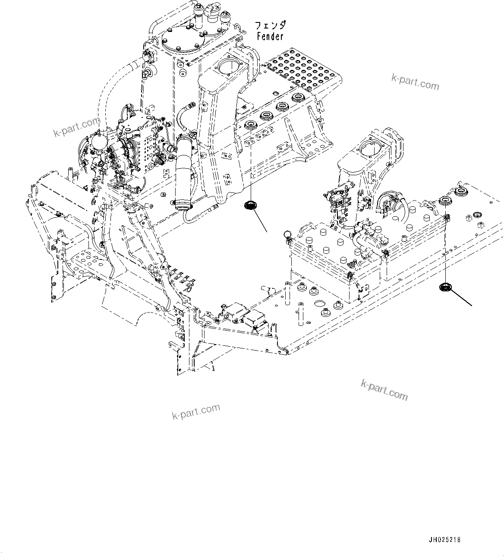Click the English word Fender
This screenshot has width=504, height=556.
click(x=270, y=37)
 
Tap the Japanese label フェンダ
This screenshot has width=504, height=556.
click(x=271, y=26)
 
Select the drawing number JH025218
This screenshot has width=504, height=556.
click(x=444, y=540)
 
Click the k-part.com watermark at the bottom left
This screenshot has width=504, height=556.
click(x=196, y=411)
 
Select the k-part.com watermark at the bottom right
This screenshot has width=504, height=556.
click(x=384, y=389)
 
